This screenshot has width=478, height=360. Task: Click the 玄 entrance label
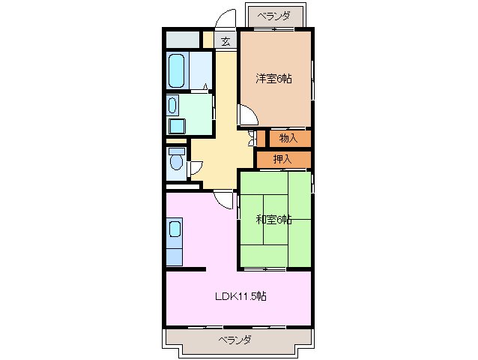(x=226, y=42)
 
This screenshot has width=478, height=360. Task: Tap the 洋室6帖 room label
(x=273, y=78)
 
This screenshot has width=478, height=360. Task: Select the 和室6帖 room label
(x=273, y=220)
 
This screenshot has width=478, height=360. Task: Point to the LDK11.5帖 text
(x=240, y=296)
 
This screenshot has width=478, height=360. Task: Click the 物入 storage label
(x=288, y=138)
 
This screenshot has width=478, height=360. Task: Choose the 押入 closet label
(x=282, y=159)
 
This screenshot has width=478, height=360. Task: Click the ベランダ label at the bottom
(x=235, y=340)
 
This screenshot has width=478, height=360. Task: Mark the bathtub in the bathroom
(x=177, y=70)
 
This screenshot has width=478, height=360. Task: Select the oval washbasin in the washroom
(x=172, y=104)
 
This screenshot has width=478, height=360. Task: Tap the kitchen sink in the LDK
(x=174, y=229)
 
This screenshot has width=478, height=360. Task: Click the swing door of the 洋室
(x=249, y=115)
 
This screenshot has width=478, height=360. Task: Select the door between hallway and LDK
(x=224, y=199)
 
